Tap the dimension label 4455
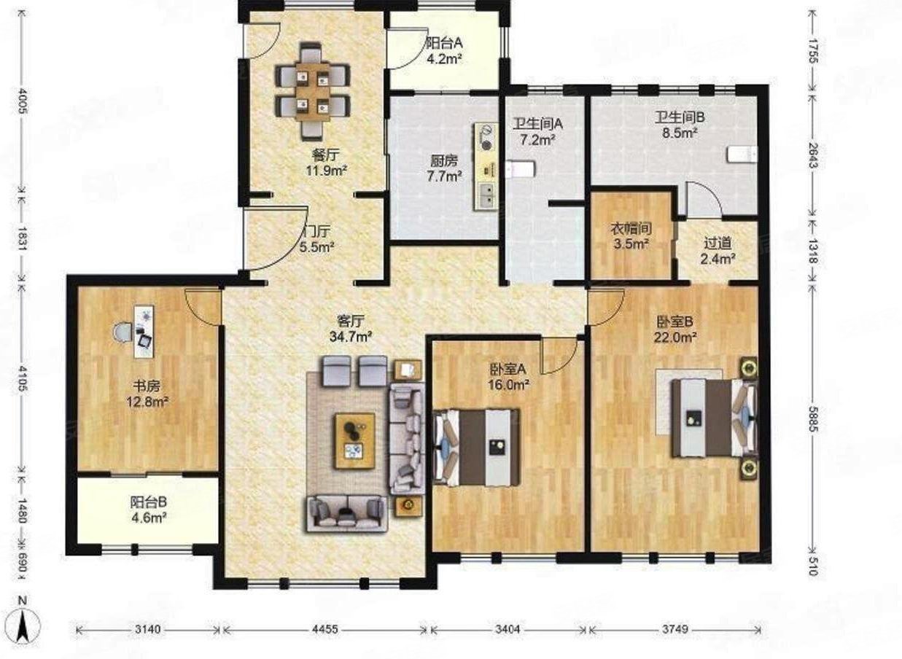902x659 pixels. click(x=325, y=629)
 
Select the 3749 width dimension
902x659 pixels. click(x=675, y=629)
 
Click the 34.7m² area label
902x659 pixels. click(x=350, y=336)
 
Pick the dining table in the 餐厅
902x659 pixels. click(x=313, y=91)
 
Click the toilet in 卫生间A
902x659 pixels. click(x=520, y=169)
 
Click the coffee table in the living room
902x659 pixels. click(x=355, y=441)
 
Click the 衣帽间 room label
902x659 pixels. click(x=631, y=229)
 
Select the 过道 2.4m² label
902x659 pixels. click(x=718, y=251)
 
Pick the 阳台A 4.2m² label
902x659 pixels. click(x=444, y=51)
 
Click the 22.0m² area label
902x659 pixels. click(x=676, y=338)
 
